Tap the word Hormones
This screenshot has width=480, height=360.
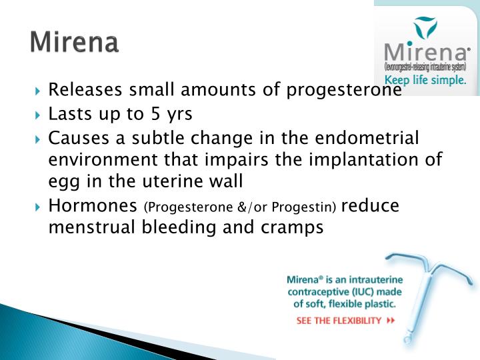pyautogui.click(x=93, y=205)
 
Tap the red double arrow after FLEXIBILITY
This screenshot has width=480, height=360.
pyautogui.click(x=391, y=320)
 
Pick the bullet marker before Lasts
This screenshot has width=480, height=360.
pyautogui.click(x=37, y=115)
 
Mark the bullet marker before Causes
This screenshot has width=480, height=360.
pyautogui.click(x=37, y=139)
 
